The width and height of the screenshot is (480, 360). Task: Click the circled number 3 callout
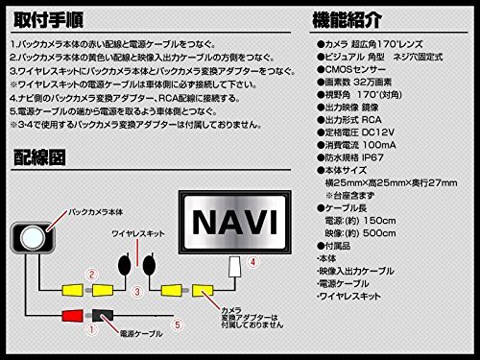click(137, 290)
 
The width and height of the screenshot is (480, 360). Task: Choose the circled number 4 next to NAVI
click(252, 260)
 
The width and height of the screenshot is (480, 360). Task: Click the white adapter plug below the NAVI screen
click(231, 266)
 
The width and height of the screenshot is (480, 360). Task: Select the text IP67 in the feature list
click(392, 167)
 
